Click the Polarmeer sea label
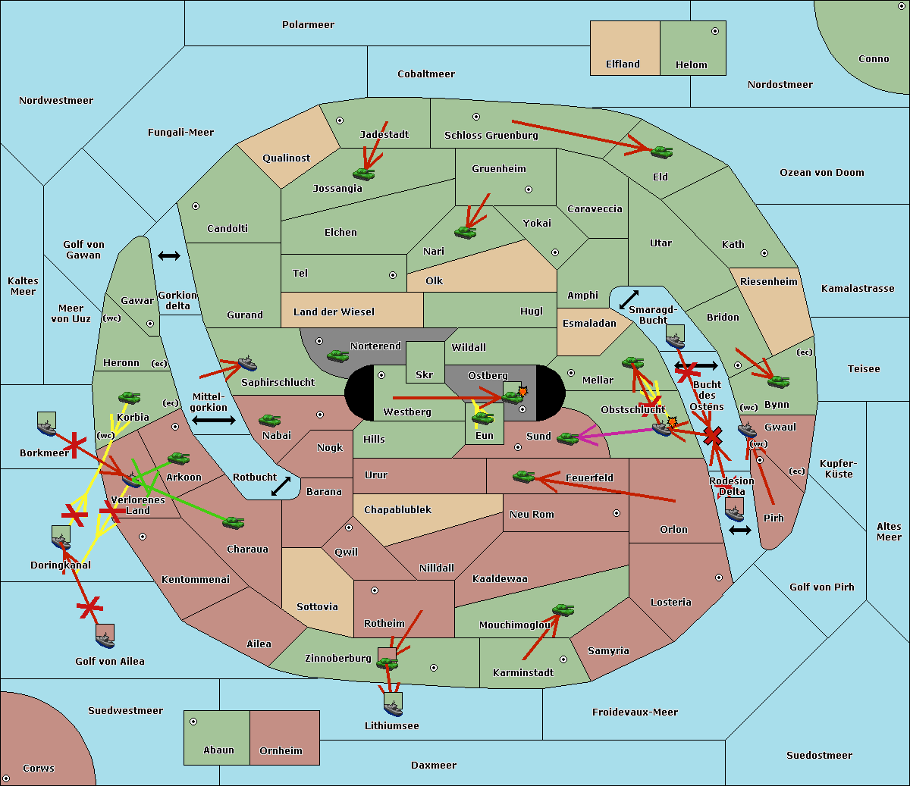pos(308,25)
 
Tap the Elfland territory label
pos(623,64)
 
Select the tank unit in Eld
pos(661,152)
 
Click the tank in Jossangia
pos(364,174)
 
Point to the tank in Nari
pos(465,232)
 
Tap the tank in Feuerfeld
pos(524,477)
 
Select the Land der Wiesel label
pos(334,312)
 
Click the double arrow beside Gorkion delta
pos(169,256)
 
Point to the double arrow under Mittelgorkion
pos(213,420)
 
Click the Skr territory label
pos(425,374)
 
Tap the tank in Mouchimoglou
pos(563,609)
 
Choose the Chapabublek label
pos(397,510)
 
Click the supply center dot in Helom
pos(714,31)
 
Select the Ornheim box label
pos(281,750)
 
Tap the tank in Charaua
pos(233,522)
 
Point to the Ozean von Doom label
pos(821,173)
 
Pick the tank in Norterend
pos(337,355)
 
